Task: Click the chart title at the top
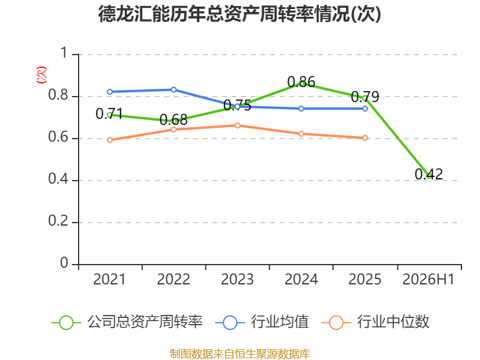click(x=239, y=14)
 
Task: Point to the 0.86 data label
click(x=301, y=82)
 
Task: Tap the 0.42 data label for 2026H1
click(x=428, y=174)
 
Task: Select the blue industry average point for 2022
click(x=173, y=89)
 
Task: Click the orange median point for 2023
click(x=237, y=125)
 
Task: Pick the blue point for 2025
click(x=365, y=109)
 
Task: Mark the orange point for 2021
click(x=110, y=140)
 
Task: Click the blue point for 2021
click(x=110, y=92)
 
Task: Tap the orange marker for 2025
click(x=365, y=138)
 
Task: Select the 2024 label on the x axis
click(x=301, y=279)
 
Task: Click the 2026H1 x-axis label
click(x=428, y=279)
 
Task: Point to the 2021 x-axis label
click(x=110, y=279)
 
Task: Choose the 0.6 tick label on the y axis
click(x=58, y=137)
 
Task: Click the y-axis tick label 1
click(x=64, y=53)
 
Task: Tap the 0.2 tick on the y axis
click(x=58, y=221)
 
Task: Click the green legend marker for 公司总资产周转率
click(x=66, y=323)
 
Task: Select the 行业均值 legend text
click(x=280, y=322)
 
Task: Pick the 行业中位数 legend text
click(x=394, y=322)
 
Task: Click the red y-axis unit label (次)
click(x=41, y=75)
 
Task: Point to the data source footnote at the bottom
click(x=240, y=354)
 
